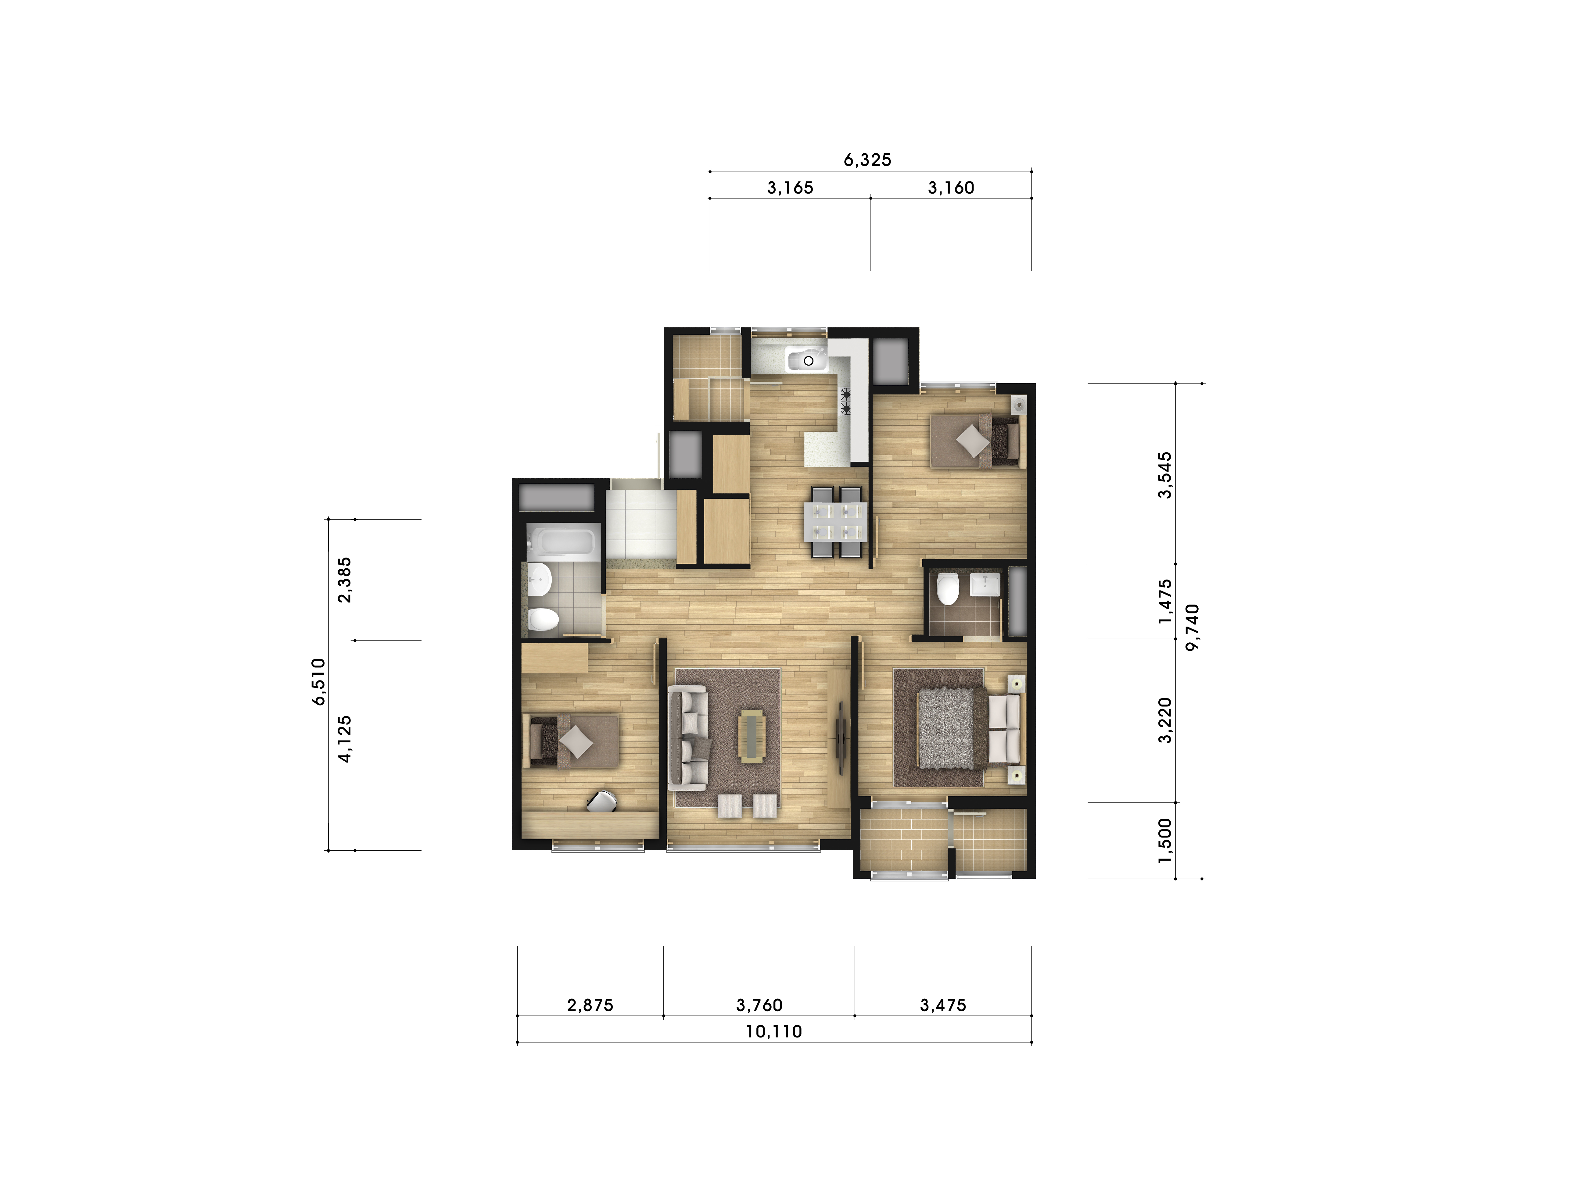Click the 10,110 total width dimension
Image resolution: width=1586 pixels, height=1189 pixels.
point(774,1031)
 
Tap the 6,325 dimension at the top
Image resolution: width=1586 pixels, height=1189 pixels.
point(867,160)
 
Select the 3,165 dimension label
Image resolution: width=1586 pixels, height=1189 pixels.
point(790,188)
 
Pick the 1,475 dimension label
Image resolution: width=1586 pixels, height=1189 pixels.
point(1165,601)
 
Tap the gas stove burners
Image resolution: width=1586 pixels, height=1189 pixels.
point(846,401)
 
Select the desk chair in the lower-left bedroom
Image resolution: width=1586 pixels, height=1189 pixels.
point(602,801)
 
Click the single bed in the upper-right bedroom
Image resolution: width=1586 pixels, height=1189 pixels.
point(974,441)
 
